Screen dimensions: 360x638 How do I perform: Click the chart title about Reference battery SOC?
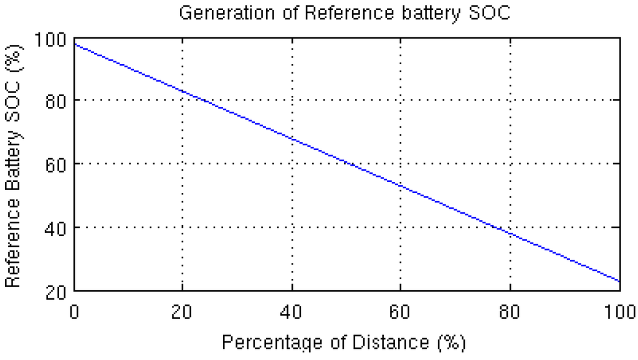(x=345, y=13)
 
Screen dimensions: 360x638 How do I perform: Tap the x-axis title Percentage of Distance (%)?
(x=343, y=342)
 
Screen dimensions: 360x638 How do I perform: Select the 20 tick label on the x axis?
(x=182, y=312)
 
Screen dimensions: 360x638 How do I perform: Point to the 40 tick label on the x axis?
(x=291, y=312)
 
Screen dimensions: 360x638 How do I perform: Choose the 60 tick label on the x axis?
(x=400, y=312)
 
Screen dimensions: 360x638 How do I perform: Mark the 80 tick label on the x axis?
(x=510, y=312)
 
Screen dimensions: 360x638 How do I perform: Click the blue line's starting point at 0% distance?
(x=74, y=44)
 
